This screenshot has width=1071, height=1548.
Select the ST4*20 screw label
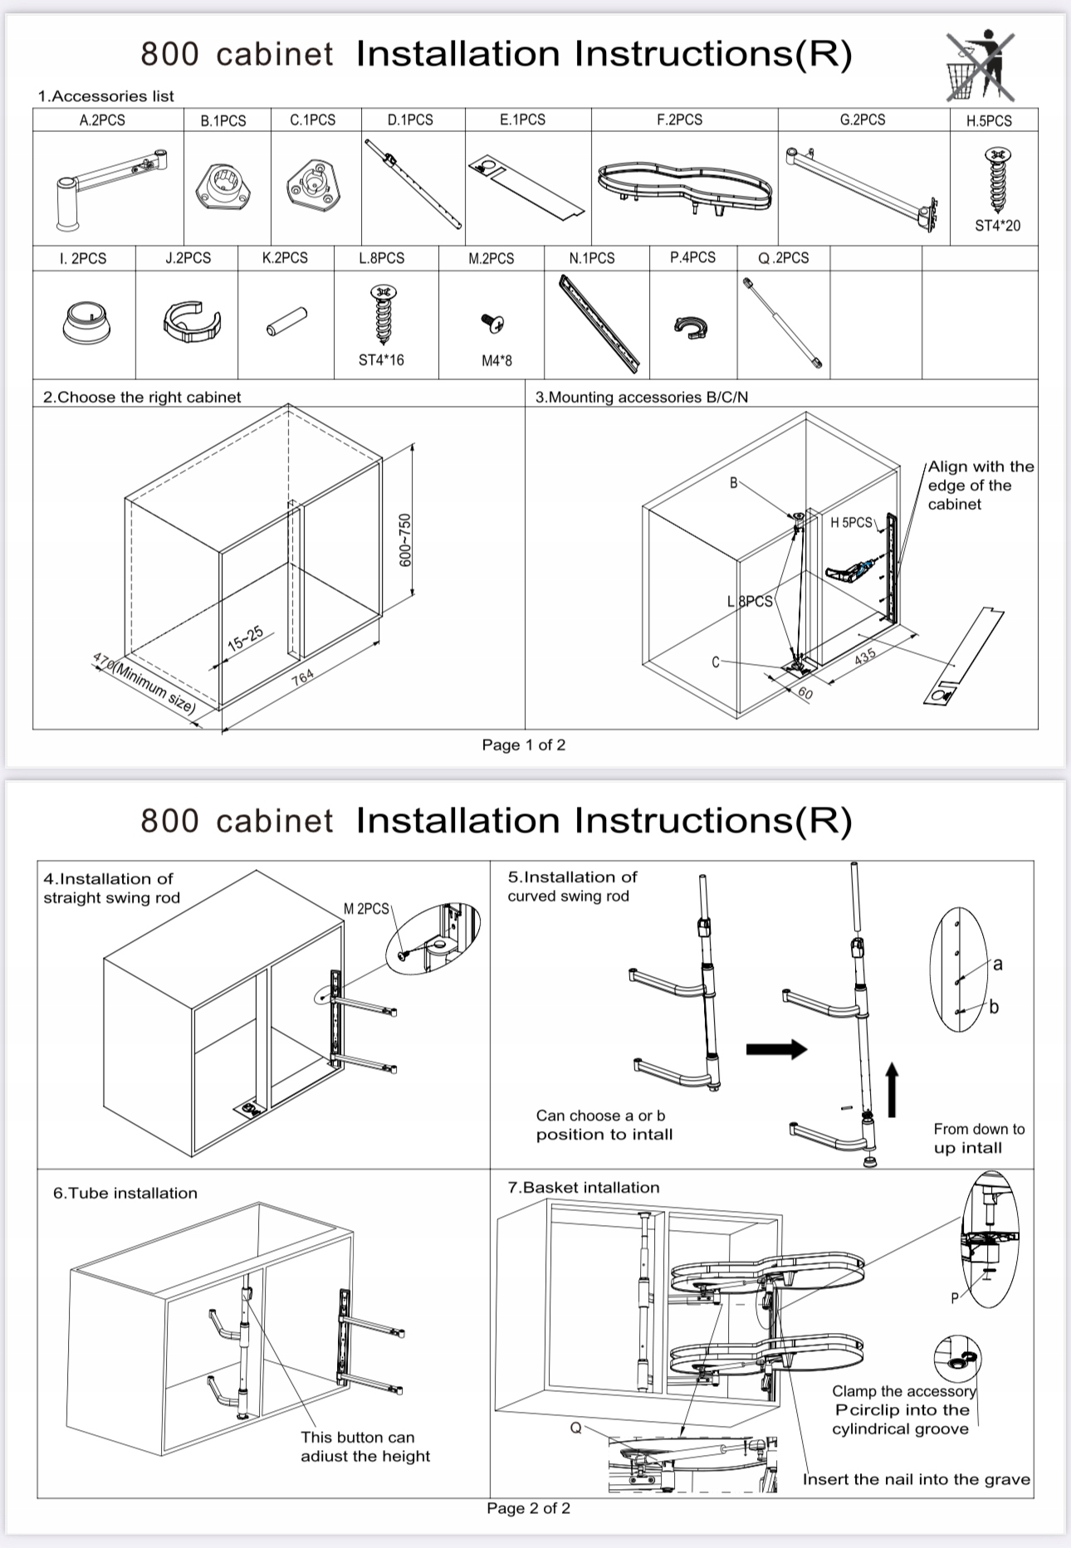click(997, 226)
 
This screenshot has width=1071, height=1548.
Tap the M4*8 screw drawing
click(494, 323)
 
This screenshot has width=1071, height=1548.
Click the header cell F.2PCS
click(679, 120)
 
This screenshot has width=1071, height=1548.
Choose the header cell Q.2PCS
click(783, 258)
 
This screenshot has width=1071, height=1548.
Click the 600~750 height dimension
click(405, 540)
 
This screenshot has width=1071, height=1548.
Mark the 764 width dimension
click(303, 676)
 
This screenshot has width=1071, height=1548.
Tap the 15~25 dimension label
click(245, 638)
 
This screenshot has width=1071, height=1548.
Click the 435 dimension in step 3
click(865, 656)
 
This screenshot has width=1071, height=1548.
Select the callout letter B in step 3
click(733, 482)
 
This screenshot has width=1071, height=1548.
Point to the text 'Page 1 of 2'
click(524, 745)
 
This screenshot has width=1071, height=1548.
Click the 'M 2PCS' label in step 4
click(366, 909)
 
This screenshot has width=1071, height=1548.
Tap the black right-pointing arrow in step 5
click(776, 1049)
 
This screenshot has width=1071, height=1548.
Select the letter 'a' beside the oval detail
click(997, 964)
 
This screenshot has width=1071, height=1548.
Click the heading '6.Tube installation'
click(125, 1193)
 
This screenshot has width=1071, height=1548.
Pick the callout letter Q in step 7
click(575, 1428)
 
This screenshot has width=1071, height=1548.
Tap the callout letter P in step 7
click(955, 1298)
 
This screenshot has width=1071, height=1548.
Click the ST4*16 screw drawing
click(382, 315)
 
